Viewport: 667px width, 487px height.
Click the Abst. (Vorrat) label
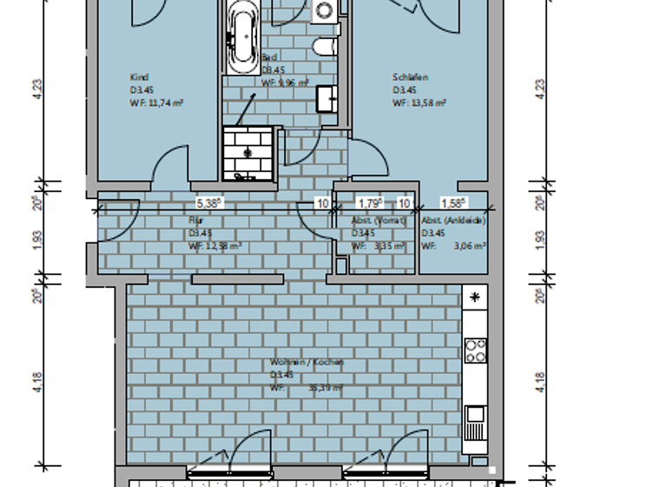coord(373,221)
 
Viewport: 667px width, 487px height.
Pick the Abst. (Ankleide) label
coord(453,221)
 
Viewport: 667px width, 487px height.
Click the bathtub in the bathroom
coord(241,37)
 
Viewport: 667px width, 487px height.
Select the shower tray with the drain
coord(248,152)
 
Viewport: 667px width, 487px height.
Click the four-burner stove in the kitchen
coord(475,350)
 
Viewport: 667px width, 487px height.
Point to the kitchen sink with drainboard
coord(474,425)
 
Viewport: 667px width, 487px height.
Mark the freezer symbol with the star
coord(475,297)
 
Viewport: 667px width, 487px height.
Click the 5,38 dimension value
coord(209,203)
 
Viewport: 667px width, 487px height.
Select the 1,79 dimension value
coord(371,203)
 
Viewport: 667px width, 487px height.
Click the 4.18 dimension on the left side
coord(37,381)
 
